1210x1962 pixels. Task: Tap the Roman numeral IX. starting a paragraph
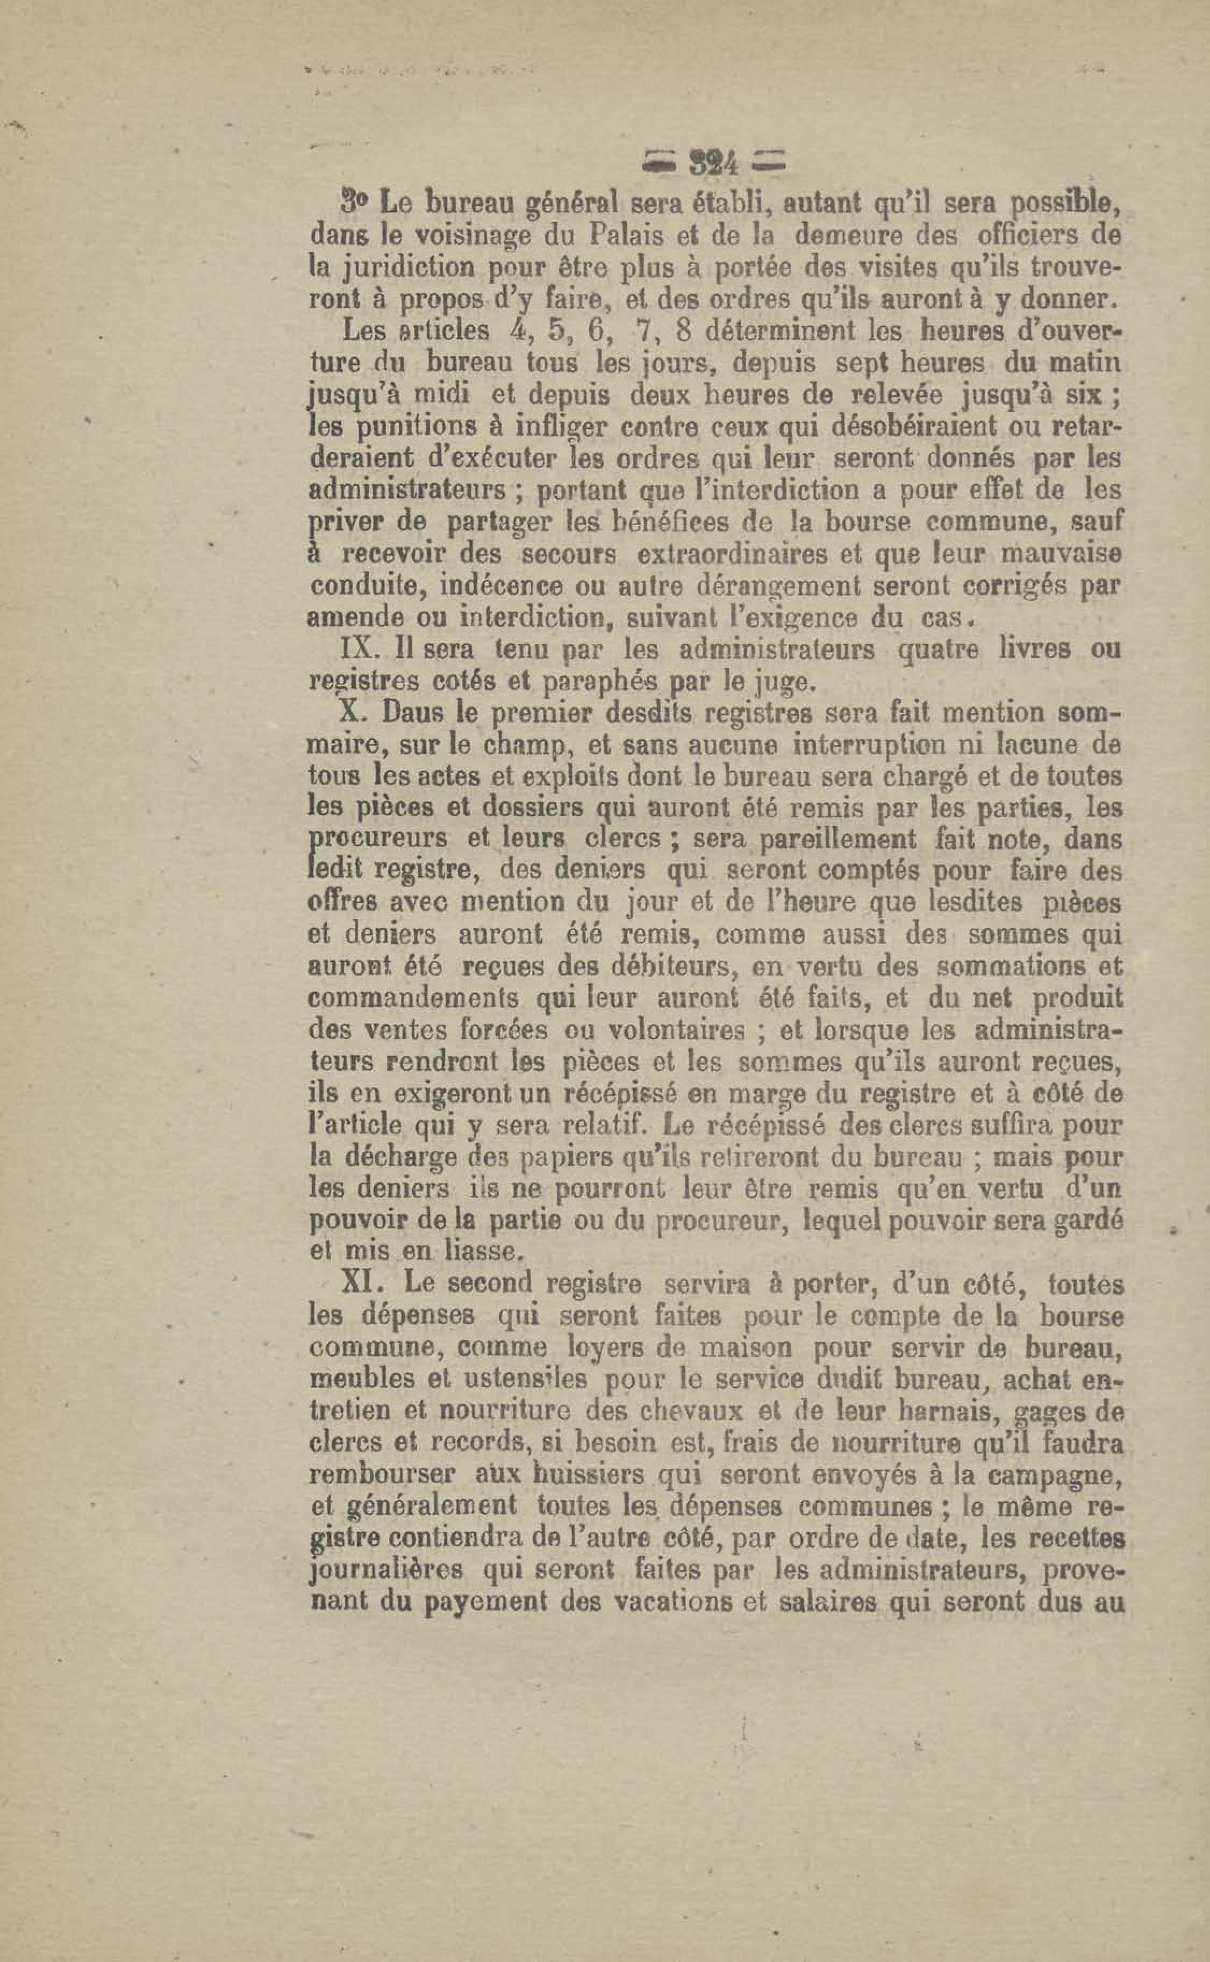(355, 650)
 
